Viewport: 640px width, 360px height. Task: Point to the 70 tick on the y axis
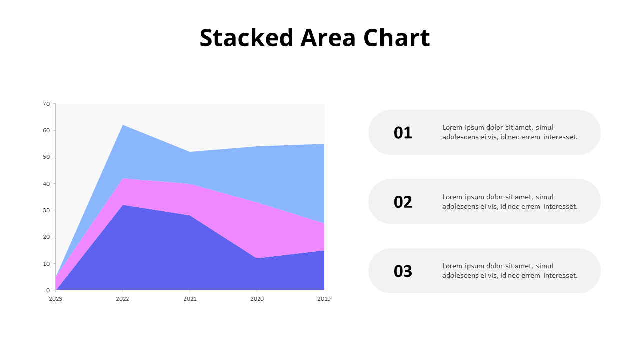[46, 104]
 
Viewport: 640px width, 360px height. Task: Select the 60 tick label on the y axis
[46, 130]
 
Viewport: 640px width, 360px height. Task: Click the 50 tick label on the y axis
[46, 157]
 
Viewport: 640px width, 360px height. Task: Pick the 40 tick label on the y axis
[46, 184]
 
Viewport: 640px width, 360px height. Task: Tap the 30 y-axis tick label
[46, 210]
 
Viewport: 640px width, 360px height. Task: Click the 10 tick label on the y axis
[46, 263]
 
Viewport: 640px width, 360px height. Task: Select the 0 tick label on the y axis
[48, 290]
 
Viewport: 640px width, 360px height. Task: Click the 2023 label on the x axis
[55, 299]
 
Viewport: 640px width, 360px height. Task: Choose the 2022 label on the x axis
[122, 299]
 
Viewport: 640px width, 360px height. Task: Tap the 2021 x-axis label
[190, 299]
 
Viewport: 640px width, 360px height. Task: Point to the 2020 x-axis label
[257, 299]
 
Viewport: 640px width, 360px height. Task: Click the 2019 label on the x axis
[324, 299]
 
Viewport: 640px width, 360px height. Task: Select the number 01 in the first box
[403, 133]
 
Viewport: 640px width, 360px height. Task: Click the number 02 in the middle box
[403, 202]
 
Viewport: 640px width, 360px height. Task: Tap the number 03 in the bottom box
[403, 271]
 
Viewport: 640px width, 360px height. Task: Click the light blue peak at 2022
[123, 126]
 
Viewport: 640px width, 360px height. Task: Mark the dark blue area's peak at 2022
[123, 206]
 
